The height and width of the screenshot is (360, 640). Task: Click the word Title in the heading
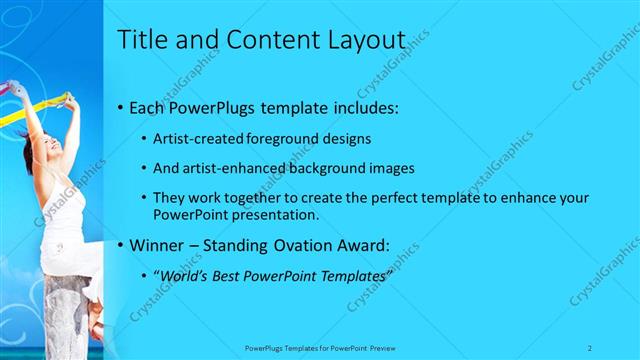pyautogui.click(x=142, y=40)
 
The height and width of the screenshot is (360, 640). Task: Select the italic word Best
pyautogui.click(x=231, y=275)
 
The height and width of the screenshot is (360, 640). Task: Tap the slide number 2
pyautogui.click(x=590, y=347)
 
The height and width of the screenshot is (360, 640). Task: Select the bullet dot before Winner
pyautogui.click(x=121, y=244)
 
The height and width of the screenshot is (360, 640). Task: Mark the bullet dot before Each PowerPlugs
pyautogui.click(x=121, y=107)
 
